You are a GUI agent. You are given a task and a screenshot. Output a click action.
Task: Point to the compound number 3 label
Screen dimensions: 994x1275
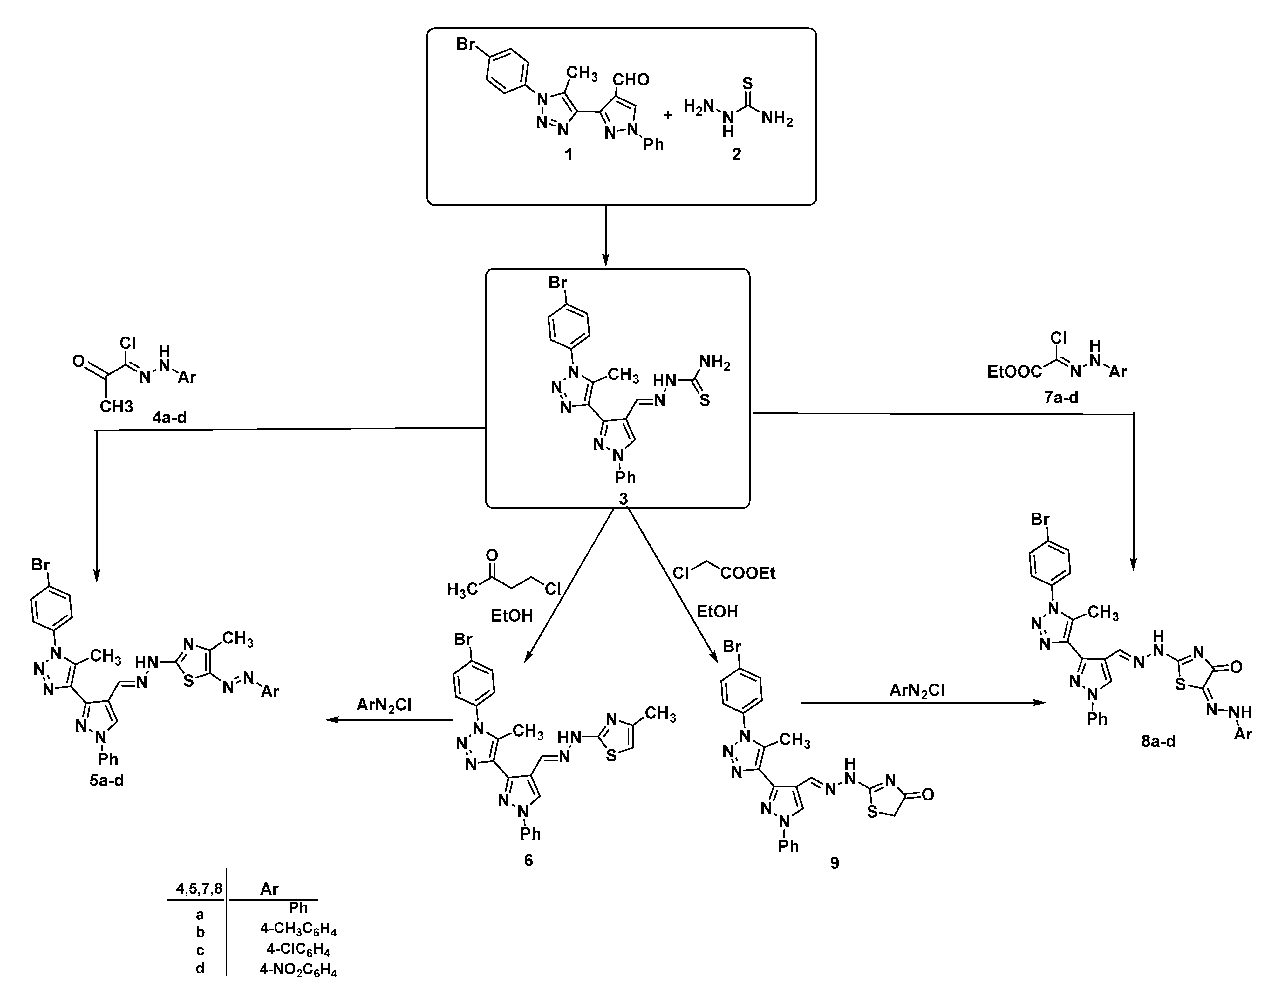pyautogui.click(x=624, y=499)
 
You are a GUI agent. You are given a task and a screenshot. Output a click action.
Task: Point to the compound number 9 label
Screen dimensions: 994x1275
pyautogui.click(x=835, y=863)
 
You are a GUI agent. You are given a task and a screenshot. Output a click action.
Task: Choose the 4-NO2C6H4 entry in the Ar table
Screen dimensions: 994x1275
pyautogui.click(x=298, y=970)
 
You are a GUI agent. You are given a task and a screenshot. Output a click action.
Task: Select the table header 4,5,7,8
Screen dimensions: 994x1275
pyautogui.click(x=199, y=889)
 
